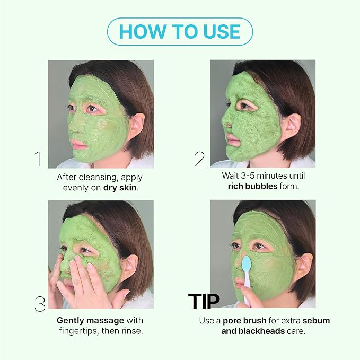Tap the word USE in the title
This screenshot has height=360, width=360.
[x=222, y=31]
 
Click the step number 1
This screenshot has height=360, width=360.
[x=39, y=159]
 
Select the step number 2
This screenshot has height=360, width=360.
[x=200, y=159]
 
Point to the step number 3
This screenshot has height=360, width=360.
[x=40, y=304]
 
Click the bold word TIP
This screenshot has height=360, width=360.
[x=204, y=301]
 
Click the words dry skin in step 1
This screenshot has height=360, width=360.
[x=120, y=188]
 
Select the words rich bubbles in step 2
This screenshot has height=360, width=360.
[x=252, y=186]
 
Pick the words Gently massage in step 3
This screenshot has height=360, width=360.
[x=91, y=321]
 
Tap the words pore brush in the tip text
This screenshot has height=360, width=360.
[x=244, y=321]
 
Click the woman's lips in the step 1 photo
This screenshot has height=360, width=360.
[x=77, y=144]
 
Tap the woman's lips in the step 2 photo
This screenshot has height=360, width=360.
[x=232, y=138]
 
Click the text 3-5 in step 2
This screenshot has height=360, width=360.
[x=248, y=175]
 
